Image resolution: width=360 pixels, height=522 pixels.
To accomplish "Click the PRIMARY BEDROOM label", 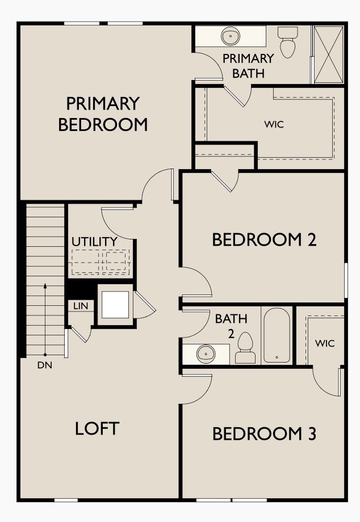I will (x=103, y=114).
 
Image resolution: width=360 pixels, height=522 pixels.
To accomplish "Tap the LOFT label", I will (x=97, y=428).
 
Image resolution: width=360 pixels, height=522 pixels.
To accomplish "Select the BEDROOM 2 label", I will (x=263, y=239).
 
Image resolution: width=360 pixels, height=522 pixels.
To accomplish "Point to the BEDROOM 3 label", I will (x=263, y=434).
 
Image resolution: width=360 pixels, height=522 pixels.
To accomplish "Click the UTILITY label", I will (x=94, y=242).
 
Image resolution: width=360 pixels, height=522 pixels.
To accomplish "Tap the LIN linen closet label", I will (x=81, y=306).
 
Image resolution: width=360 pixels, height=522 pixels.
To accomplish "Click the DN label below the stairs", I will (x=45, y=365).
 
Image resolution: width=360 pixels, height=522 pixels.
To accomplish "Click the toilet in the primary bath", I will (x=288, y=42).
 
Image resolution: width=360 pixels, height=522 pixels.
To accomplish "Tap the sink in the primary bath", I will (x=231, y=36).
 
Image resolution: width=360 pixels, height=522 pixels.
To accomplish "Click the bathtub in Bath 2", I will (x=277, y=335).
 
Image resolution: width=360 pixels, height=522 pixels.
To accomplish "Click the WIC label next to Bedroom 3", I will (x=325, y=343).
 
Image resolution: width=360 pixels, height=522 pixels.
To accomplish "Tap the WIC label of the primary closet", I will (x=274, y=124).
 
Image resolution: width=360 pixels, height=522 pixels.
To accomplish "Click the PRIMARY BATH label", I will (x=248, y=65).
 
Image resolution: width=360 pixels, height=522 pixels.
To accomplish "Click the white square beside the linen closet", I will (x=116, y=305).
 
